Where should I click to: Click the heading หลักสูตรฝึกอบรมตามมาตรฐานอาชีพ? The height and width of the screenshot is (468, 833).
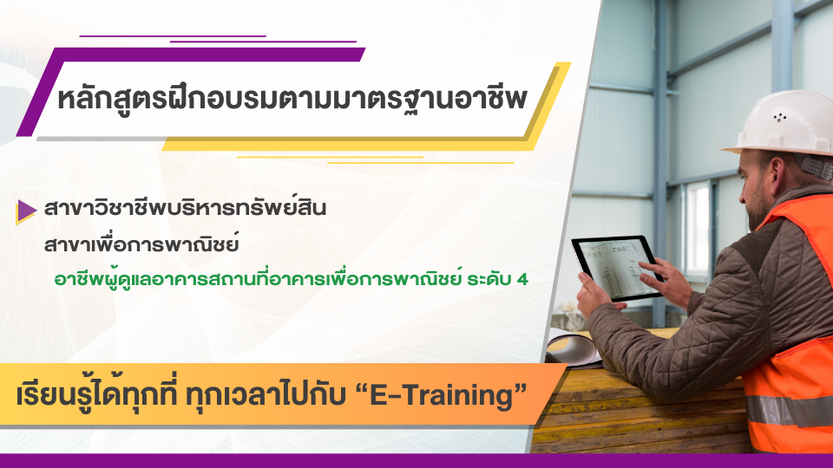tap(292, 99)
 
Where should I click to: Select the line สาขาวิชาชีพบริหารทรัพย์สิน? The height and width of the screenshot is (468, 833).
tap(185, 207)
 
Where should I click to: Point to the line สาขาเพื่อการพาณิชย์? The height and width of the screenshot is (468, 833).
tap(141, 244)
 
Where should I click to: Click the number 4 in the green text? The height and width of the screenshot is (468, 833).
tap(522, 280)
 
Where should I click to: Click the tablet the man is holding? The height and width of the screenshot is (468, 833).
tap(616, 268)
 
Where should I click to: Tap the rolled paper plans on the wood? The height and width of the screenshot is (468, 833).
tap(572, 348)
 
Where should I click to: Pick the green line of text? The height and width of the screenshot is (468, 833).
tap(292, 280)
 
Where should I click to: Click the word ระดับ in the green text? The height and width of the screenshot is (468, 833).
tap(489, 280)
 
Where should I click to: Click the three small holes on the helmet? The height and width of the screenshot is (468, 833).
tap(779, 117)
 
